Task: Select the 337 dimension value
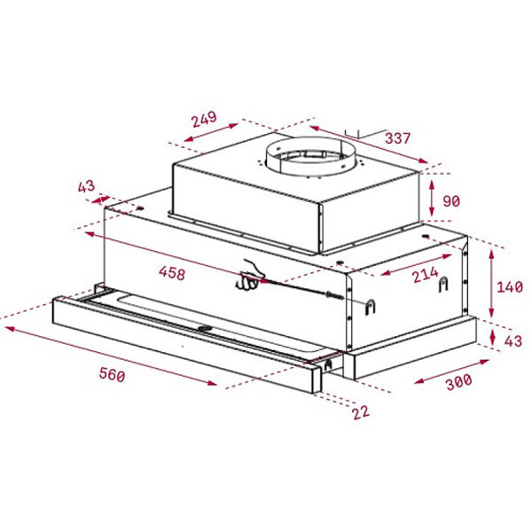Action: [x=398, y=138]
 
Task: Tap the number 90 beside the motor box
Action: [x=451, y=201]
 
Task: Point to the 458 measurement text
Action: [x=171, y=273]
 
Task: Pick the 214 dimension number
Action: [x=424, y=276]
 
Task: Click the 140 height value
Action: [x=510, y=287]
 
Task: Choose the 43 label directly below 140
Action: [x=512, y=341]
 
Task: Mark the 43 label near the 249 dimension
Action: [x=86, y=186]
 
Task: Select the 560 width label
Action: [x=111, y=374]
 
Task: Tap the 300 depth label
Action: [x=458, y=383]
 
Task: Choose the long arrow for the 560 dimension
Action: [x=111, y=356]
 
